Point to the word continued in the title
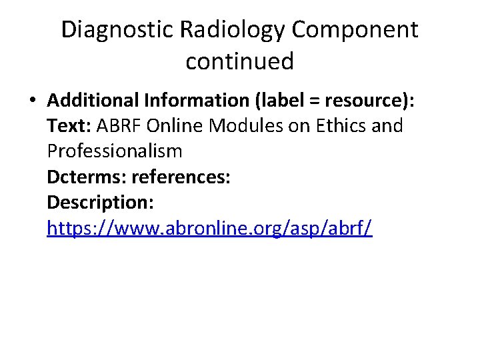click(x=239, y=61)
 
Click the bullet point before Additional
click(x=33, y=101)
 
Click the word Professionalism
click(x=115, y=151)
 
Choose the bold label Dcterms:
click(x=87, y=177)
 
